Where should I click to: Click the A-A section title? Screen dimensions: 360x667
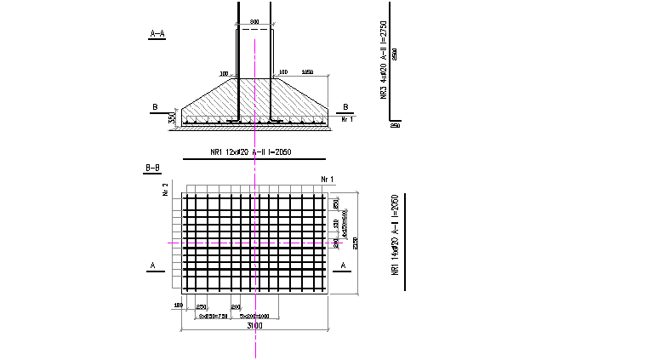point(157,34)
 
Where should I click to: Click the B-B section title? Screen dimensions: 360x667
point(154,169)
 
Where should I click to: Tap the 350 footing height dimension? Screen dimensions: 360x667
point(172,118)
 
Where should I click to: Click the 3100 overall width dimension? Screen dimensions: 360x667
point(254,326)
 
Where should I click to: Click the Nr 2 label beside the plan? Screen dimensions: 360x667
point(165,188)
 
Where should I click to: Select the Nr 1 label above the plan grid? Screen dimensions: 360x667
point(328,179)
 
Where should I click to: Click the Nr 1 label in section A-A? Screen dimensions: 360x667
point(346,120)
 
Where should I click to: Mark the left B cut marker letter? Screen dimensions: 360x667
point(155,106)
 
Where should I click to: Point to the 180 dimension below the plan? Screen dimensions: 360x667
point(178,306)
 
